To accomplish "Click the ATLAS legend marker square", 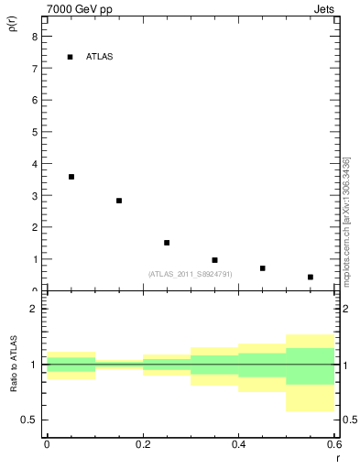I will [70, 57].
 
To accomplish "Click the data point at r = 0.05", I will [71, 177].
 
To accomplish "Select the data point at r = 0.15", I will [119, 201].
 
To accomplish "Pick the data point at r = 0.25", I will [167, 243].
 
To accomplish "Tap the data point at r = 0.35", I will [214, 260].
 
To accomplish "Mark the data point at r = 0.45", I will [263, 268].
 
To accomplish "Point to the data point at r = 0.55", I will [311, 277].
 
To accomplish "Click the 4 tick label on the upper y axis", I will [36, 164].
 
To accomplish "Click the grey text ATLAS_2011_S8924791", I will [190, 274].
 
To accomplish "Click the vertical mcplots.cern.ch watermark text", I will [346, 220].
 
